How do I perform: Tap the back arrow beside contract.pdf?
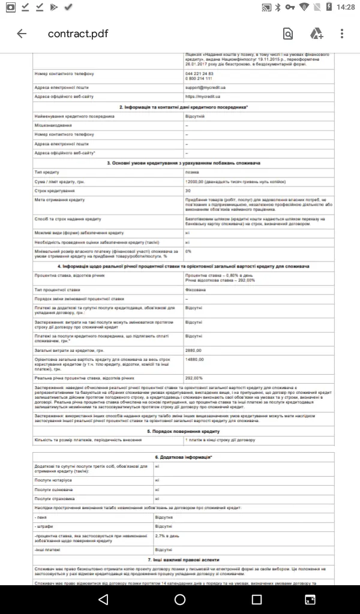[22, 34]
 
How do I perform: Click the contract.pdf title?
[78, 34]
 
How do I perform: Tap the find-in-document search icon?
[288, 34]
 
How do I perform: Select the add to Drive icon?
[316, 34]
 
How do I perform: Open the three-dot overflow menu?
[343, 34]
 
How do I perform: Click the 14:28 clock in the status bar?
[346, 7]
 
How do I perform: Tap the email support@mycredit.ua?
[204, 88]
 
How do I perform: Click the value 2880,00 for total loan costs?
[194, 350]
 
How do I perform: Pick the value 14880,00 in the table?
[195, 359]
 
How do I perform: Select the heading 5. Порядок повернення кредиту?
[182, 431]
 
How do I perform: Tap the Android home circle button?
[180, 599]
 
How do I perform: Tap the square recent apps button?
[257, 599]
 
